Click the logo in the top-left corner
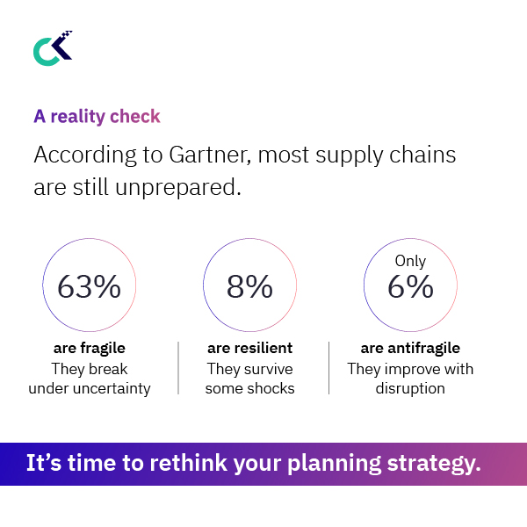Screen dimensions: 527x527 coord(52,48)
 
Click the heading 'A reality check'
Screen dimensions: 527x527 coord(97,116)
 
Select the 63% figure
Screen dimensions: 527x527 coord(89,286)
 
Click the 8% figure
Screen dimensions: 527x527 coord(249,286)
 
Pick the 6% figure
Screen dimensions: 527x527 coord(410,286)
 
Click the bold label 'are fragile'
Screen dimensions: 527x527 coord(90,349)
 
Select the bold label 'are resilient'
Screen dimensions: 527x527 coord(249,349)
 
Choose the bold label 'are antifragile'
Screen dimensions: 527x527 coord(410,349)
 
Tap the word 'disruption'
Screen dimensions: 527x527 coord(410,388)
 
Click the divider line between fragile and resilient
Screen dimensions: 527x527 coord(178,368)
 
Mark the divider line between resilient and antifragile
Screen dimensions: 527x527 coord(328,368)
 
